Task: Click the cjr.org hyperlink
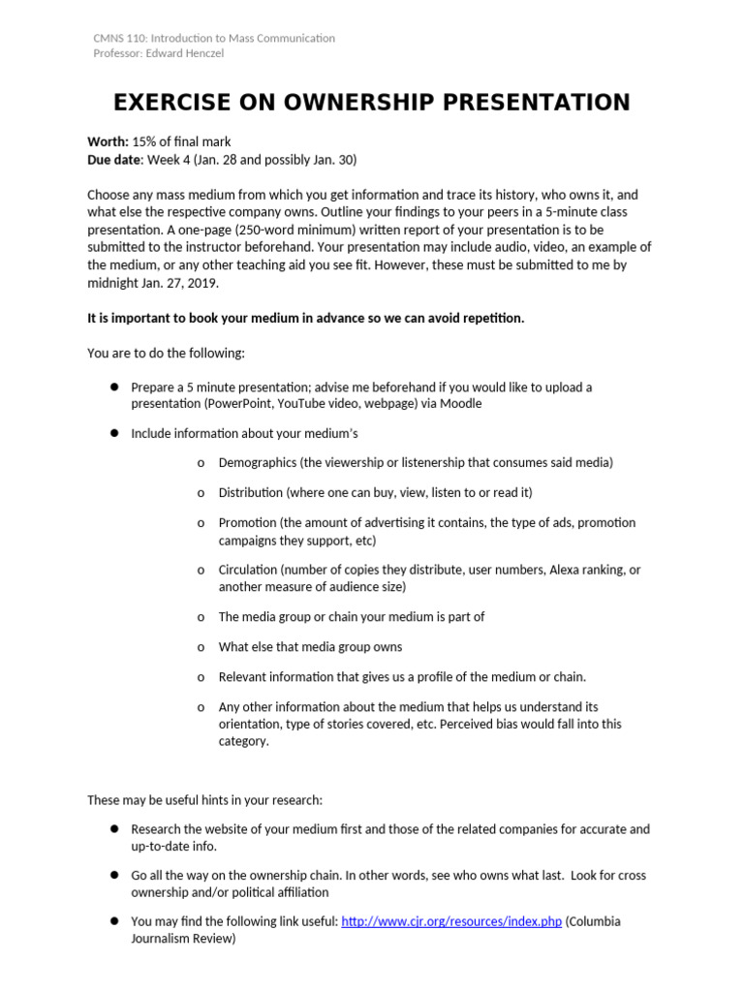pyautogui.click(x=451, y=921)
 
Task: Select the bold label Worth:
pyautogui.click(x=108, y=142)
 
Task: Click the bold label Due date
pyautogui.click(x=114, y=160)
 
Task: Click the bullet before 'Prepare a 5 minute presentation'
pyautogui.click(x=113, y=387)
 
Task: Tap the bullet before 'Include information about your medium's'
pyautogui.click(x=113, y=433)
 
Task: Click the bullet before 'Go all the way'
pyautogui.click(x=113, y=875)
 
